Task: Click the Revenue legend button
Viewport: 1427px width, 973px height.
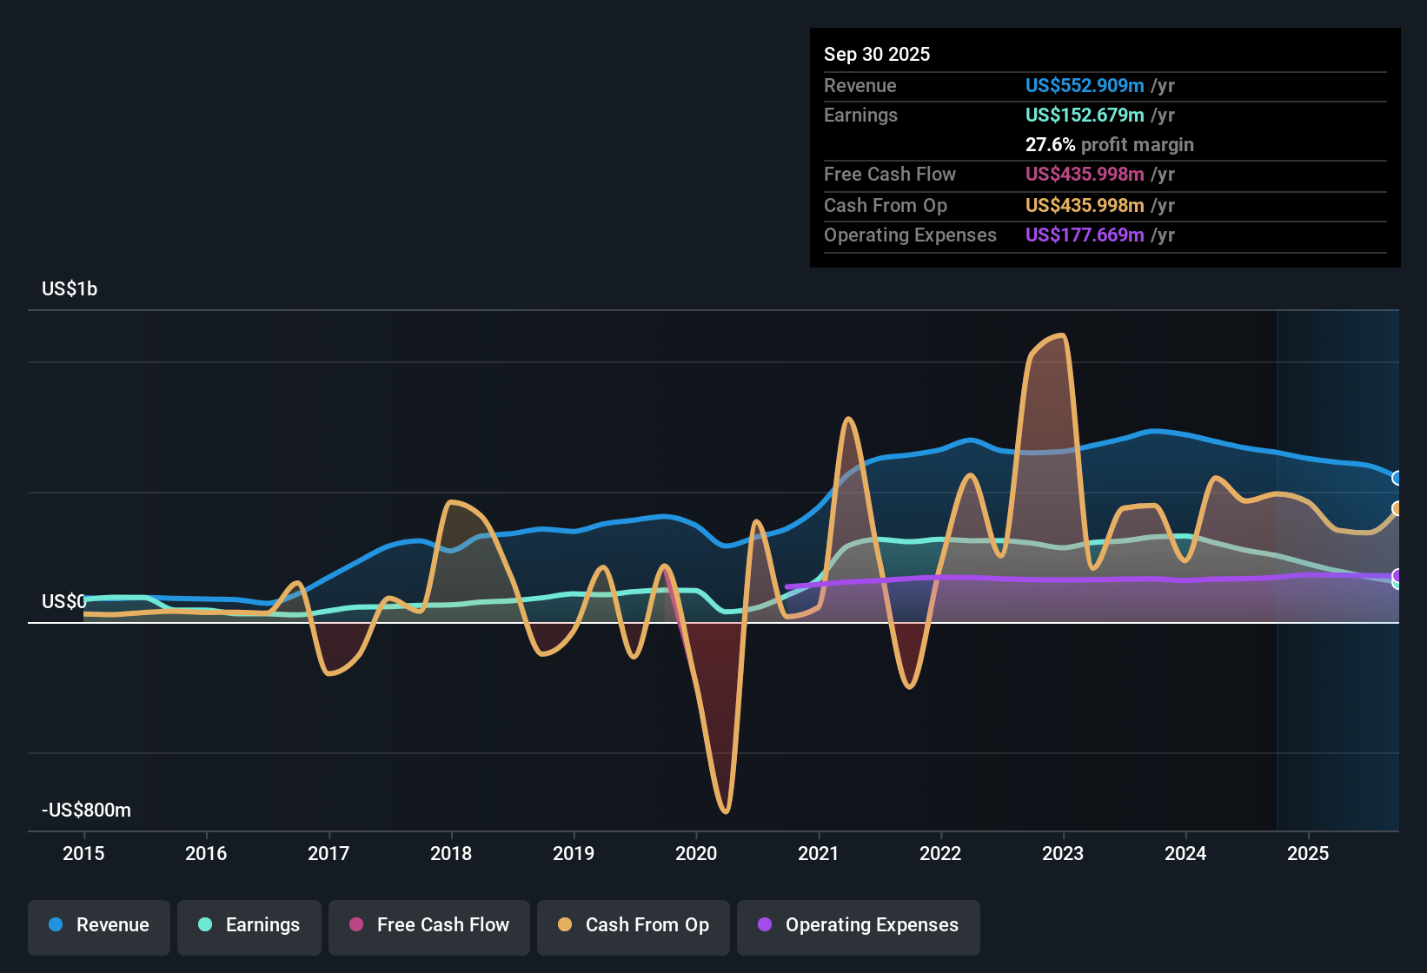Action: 99,925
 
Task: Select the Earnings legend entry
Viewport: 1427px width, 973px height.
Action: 249,925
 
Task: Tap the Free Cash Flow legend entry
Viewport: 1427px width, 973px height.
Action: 429,925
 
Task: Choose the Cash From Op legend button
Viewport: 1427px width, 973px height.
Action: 634,925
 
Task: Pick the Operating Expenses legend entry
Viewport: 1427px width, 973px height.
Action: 859,925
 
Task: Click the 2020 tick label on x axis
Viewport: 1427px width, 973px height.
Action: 696,853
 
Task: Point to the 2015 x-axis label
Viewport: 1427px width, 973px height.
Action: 83,853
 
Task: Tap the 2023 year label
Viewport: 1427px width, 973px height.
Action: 1063,853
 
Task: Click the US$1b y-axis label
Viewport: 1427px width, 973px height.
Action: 70,288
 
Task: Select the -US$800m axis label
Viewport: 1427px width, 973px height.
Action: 86,810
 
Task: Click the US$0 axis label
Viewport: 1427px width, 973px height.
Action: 63,601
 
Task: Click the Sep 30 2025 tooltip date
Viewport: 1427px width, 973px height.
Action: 876,54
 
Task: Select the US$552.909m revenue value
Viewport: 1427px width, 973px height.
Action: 1084,85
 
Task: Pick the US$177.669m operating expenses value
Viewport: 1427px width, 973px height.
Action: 1084,235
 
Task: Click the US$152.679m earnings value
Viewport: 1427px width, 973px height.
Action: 1084,115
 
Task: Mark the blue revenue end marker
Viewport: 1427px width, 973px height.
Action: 1397,478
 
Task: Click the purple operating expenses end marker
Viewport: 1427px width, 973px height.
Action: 1397,575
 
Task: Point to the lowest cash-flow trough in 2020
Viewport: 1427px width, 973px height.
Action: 726,811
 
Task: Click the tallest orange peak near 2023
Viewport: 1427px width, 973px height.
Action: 1061,335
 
